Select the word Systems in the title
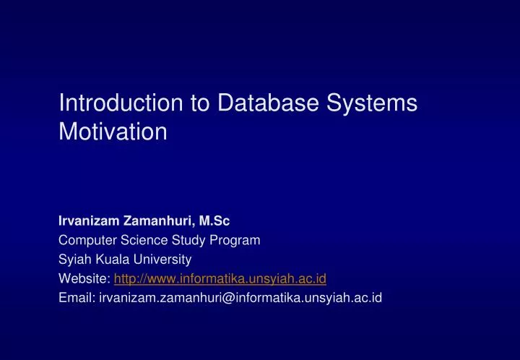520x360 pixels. [375, 103]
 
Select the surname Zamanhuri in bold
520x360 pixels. [149, 222]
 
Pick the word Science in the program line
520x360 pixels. [140, 240]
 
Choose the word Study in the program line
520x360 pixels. [184, 240]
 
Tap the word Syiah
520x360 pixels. [74, 258]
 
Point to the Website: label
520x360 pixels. [84, 277]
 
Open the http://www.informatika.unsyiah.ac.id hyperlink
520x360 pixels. [220, 277]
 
